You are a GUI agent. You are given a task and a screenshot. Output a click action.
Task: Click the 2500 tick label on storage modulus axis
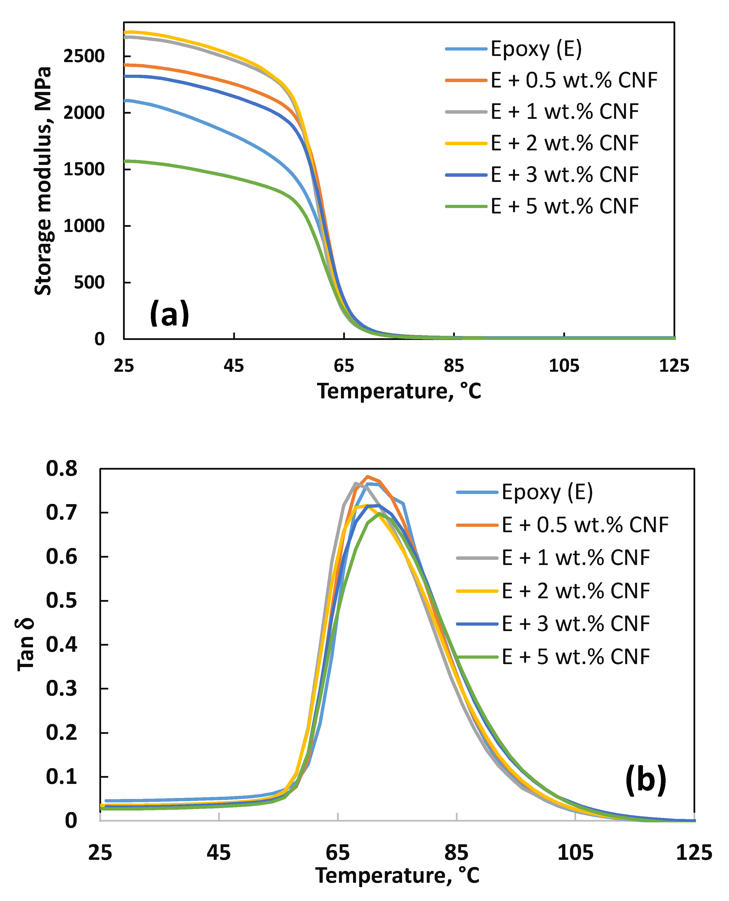coord(84,56)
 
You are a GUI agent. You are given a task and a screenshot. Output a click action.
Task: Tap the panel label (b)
coord(645,780)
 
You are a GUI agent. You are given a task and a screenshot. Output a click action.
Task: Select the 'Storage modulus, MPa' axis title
coord(43,180)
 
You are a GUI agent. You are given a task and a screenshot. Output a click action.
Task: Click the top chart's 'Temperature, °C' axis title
coord(399,391)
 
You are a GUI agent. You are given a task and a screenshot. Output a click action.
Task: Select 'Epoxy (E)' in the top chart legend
coord(536,49)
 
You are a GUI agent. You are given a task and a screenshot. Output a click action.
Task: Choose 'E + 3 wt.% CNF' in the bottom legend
coord(576,624)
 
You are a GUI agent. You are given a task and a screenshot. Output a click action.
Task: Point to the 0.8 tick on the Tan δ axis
coord(62,469)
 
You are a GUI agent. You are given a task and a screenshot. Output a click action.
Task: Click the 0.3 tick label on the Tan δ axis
coord(62,689)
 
